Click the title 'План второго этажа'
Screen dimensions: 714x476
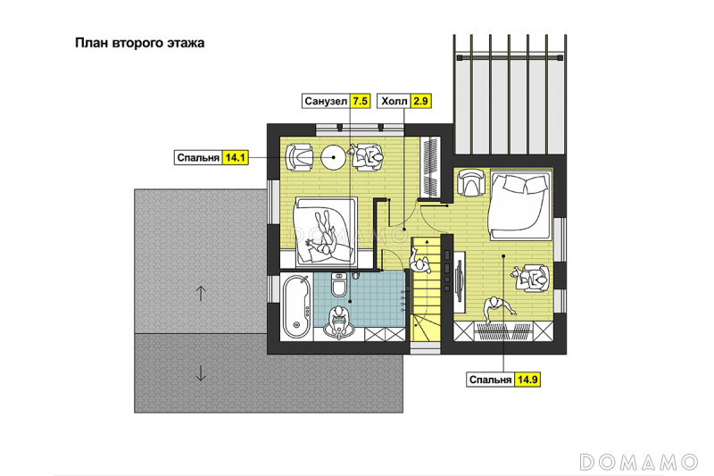pyautogui.click(x=140, y=43)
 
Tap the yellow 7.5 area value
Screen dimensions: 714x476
pyautogui.click(x=361, y=101)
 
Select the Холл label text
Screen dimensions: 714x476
pyautogui.click(x=394, y=101)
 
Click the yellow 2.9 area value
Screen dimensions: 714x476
pyautogui.click(x=420, y=101)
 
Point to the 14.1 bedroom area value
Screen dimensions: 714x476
pyautogui.click(x=236, y=157)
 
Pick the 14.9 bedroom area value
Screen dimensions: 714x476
pyautogui.click(x=527, y=380)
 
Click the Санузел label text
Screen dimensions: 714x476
pyautogui.click(x=326, y=101)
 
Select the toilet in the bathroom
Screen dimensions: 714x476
pyautogui.click(x=339, y=285)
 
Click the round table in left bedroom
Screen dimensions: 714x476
pyautogui.click(x=334, y=157)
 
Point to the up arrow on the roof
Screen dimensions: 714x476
pyautogui.click(x=201, y=293)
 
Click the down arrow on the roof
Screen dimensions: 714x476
pyautogui.click(x=201, y=373)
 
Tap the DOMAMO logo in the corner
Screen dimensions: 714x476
pyautogui.click(x=639, y=462)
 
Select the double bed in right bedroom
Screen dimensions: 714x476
pyautogui.click(x=519, y=205)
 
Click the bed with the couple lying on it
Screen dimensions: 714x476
pyautogui.click(x=326, y=232)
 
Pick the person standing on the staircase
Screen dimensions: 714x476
pyautogui.click(x=419, y=262)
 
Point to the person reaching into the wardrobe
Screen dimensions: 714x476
pyautogui.click(x=498, y=310)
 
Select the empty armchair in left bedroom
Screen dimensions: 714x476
pyautogui.click(x=299, y=157)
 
